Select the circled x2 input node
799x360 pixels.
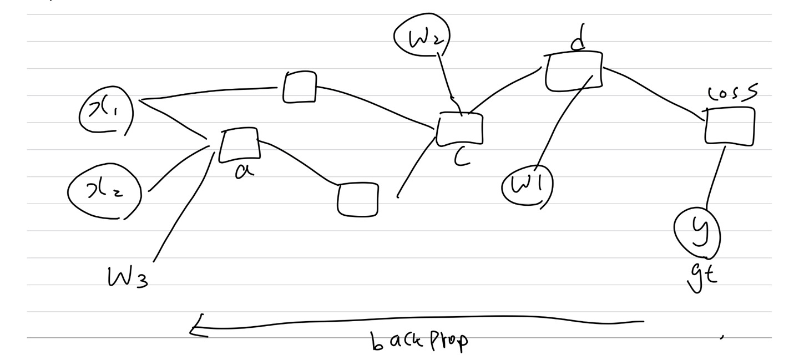104,192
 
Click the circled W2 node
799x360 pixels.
421,37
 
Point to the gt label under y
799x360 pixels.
702,275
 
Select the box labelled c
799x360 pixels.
459,129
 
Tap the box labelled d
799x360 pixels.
573,70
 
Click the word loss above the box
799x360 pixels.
732,95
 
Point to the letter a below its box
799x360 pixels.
242,171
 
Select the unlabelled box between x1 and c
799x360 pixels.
300,87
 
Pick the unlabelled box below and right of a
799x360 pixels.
358,200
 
